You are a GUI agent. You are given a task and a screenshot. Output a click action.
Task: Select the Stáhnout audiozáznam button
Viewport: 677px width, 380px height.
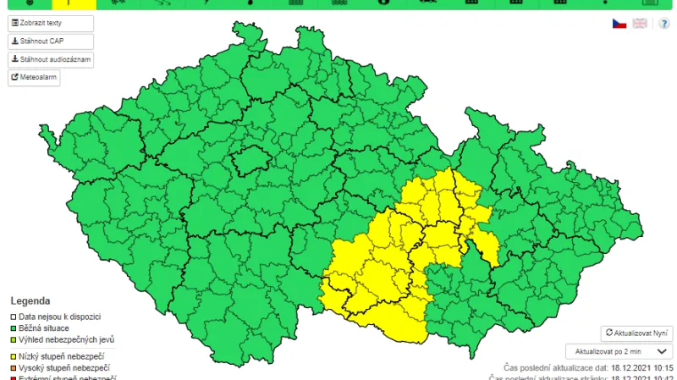click(51, 59)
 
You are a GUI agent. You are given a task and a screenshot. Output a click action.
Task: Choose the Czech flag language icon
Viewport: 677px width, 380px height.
click(619, 23)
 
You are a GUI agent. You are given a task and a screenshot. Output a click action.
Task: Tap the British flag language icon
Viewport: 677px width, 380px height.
click(640, 23)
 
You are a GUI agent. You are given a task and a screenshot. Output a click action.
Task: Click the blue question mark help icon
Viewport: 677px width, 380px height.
click(664, 23)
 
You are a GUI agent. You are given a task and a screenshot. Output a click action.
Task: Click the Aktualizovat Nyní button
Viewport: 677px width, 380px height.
click(636, 333)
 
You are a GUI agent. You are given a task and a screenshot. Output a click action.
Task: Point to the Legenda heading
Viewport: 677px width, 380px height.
click(30, 300)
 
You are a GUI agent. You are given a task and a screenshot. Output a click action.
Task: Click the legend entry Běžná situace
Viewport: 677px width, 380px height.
click(44, 328)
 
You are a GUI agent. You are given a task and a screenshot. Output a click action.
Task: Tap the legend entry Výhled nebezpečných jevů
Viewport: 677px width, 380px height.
click(66, 339)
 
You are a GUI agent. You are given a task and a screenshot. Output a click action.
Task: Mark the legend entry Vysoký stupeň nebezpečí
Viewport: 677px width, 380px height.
click(64, 368)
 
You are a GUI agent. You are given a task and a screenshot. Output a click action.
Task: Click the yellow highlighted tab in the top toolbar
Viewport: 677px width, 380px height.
click(74, 3)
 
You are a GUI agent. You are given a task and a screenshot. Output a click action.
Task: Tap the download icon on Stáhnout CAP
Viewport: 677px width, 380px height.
click(14, 41)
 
